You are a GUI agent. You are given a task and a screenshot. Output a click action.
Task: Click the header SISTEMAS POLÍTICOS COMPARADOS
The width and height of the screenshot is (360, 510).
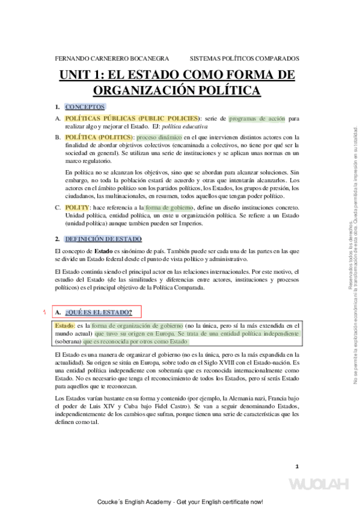244,59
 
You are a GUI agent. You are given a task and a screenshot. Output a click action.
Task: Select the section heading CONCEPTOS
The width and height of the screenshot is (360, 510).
85,106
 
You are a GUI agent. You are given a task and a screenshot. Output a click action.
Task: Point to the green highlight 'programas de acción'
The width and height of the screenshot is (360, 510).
257,118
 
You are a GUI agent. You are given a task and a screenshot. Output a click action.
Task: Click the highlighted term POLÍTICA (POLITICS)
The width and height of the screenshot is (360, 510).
98,137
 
